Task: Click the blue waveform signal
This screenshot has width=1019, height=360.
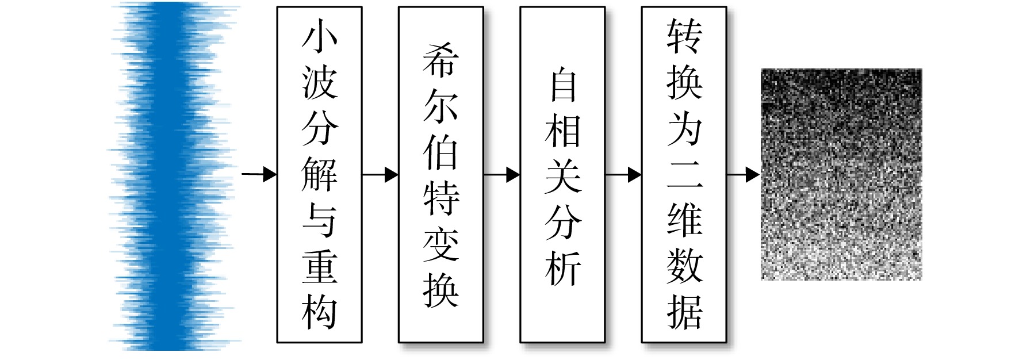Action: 173,176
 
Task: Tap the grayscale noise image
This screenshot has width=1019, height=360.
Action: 841,174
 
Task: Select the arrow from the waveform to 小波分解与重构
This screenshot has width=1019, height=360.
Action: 259,174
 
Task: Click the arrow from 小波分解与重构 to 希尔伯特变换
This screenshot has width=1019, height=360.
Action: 380,174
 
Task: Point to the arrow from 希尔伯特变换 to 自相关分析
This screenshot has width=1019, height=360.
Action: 502,174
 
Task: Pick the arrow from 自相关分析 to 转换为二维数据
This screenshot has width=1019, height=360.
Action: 623,174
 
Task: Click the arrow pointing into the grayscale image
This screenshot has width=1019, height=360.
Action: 744,174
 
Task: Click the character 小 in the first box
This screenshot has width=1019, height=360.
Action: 320,36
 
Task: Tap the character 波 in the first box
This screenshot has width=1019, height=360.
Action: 320,82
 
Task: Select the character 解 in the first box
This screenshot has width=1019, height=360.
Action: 320,174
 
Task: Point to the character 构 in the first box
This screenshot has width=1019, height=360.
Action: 320,312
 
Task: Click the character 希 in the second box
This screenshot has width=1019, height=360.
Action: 441,60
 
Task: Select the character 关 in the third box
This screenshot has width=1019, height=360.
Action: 563,176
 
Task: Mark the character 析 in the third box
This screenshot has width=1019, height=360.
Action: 563,268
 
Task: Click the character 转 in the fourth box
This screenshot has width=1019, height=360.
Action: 684,36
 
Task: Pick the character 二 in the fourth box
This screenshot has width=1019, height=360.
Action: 684,174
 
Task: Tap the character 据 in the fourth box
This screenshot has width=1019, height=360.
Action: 684,312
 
